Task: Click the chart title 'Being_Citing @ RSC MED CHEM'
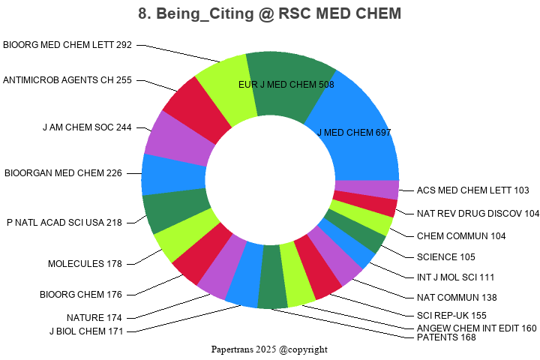270,13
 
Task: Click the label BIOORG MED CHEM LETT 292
67,45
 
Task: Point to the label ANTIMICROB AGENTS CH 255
67,80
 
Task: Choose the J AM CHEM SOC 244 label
87,127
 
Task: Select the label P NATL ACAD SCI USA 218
64,223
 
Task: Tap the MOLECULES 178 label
85,263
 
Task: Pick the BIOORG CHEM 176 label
81,294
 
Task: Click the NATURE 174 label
94,318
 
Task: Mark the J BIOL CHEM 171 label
86,331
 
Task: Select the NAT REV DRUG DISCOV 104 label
478,214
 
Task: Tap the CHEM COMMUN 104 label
461,236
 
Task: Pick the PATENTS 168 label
446,337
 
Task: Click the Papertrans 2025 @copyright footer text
270,349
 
